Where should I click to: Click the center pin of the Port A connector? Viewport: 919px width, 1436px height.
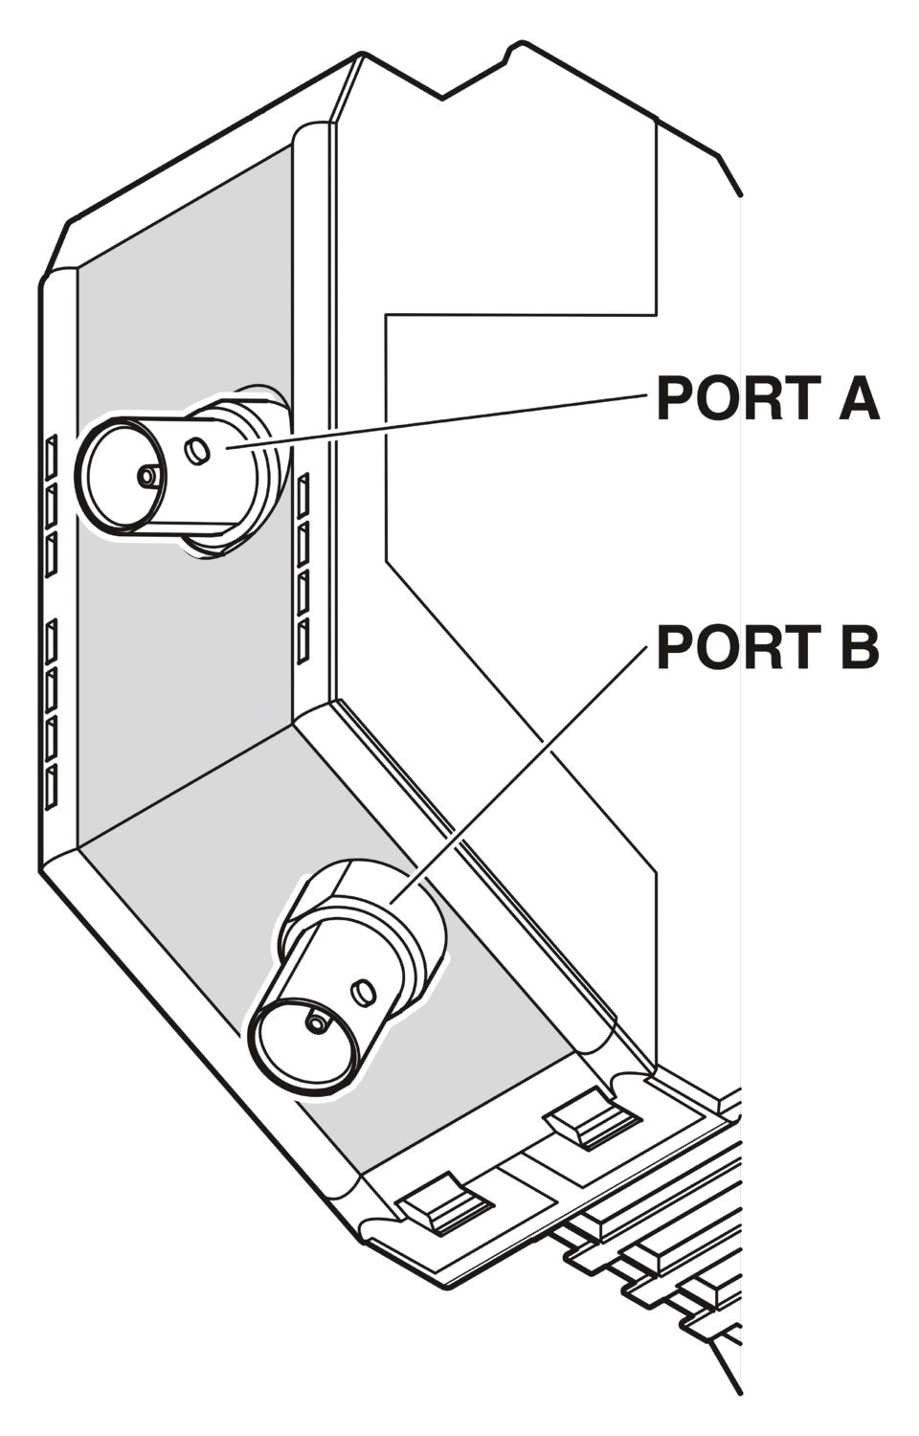[148, 476]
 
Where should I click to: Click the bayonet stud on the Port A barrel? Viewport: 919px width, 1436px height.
[197, 450]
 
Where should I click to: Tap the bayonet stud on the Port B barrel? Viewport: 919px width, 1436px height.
[363, 992]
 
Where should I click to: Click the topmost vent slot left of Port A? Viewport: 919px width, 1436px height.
[52, 456]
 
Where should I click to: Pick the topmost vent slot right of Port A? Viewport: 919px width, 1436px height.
[303, 495]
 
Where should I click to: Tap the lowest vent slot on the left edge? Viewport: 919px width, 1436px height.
[52, 787]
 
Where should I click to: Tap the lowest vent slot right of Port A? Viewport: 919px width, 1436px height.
[303, 641]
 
